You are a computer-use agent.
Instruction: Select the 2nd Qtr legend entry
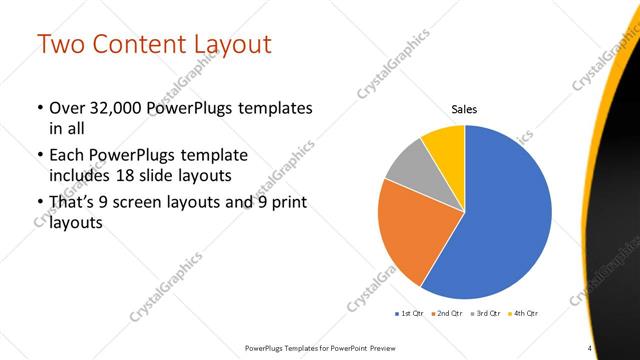click(446, 314)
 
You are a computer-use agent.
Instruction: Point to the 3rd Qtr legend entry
click(485, 314)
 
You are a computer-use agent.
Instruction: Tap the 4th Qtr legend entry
click(523, 314)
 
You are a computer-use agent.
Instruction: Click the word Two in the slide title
click(64, 45)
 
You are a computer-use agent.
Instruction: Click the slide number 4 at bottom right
click(590, 347)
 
